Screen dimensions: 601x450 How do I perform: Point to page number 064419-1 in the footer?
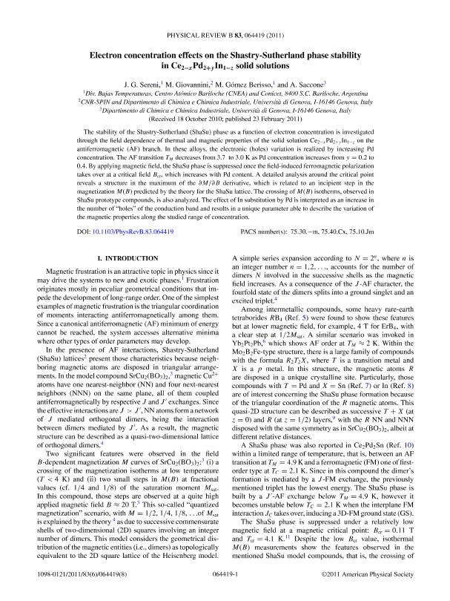click(225, 575)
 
